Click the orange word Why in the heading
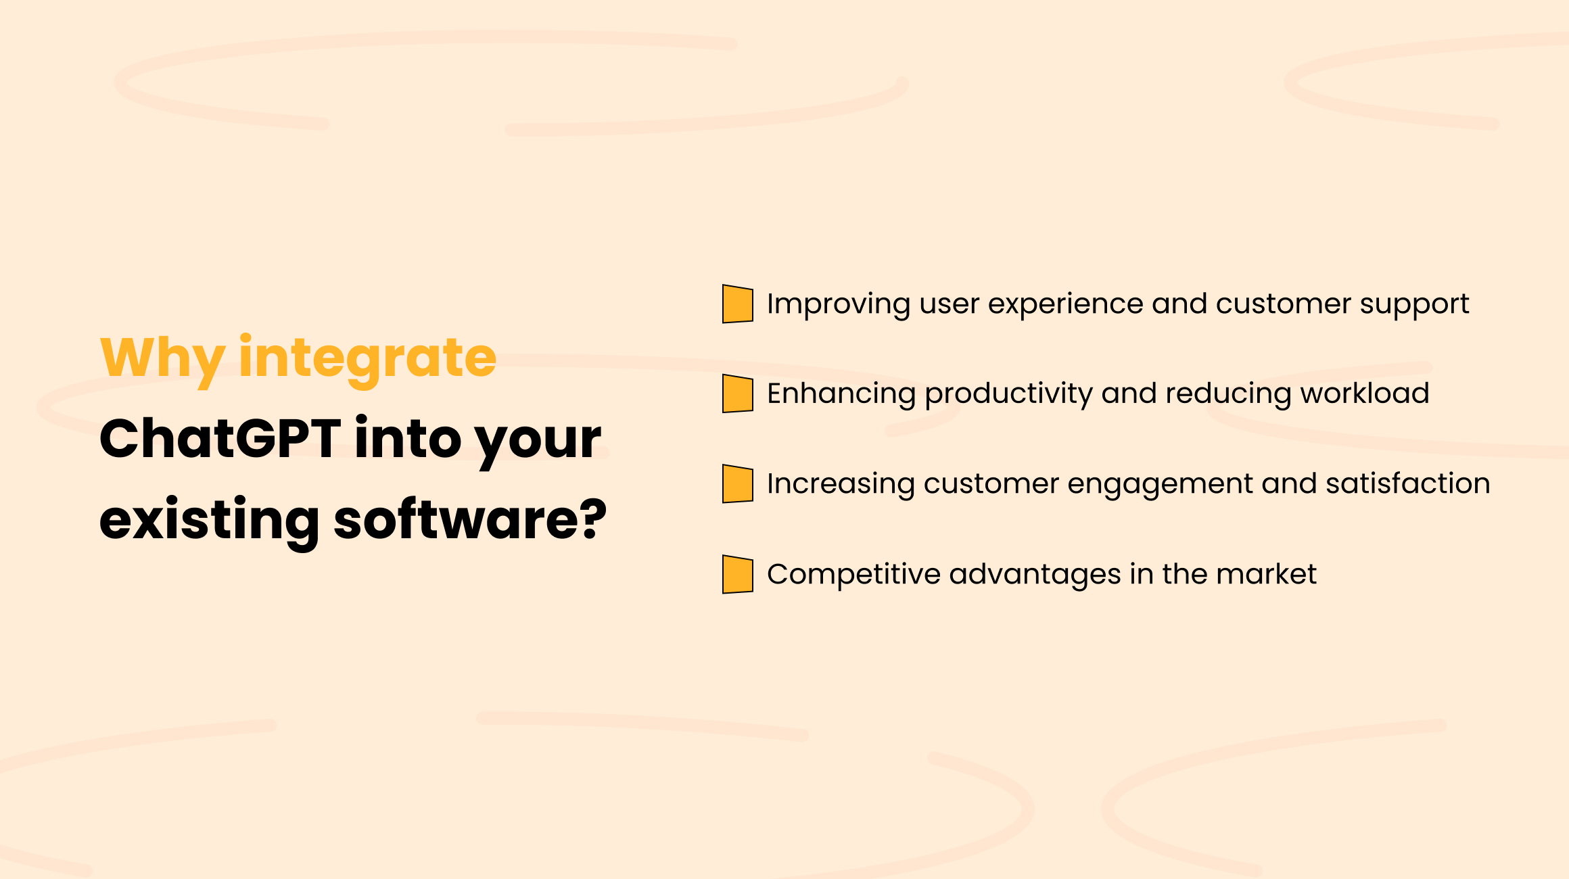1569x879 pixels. coord(162,358)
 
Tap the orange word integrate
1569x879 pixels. coord(368,358)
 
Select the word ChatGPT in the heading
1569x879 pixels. coord(220,439)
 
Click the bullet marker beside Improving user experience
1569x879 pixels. coord(737,304)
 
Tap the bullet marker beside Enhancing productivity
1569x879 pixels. coord(737,394)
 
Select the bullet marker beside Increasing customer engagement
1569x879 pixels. coord(737,484)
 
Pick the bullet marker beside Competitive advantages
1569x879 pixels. coord(737,575)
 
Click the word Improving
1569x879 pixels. coord(838,304)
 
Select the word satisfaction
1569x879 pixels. coord(1408,484)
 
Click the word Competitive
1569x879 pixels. coord(853,575)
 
